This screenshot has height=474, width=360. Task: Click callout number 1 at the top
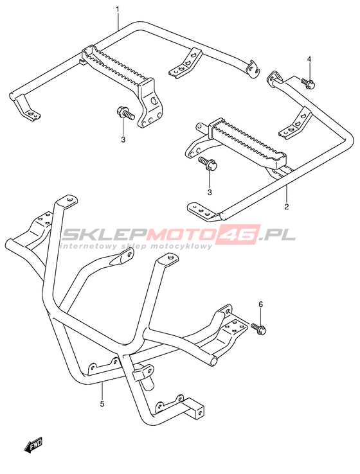coord(118,10)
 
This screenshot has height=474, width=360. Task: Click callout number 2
coord(286,207)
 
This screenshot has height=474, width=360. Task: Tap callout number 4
coord(309,59)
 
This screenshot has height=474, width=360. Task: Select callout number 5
coord(102,403)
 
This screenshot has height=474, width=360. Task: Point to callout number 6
coord(261,304)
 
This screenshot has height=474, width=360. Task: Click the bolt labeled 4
coord(308,83)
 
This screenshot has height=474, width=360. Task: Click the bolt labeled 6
coord(258,329)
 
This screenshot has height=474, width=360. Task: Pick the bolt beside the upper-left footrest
coord(125,113)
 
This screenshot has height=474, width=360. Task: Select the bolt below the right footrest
coord(208,164)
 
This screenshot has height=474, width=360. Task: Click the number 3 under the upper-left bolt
coord(123,139)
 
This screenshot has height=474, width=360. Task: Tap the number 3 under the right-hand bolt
coord(210,192)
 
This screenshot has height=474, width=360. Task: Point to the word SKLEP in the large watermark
coord(105,234)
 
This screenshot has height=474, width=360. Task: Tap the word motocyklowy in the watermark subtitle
coord(184,247)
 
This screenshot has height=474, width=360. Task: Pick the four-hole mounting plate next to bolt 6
coord(233,330)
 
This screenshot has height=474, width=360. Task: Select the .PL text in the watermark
coord(276,234)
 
